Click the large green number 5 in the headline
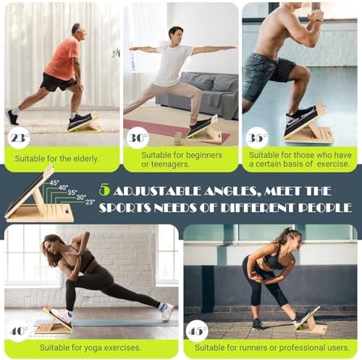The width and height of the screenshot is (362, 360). pyautogui.click(x=104, y=190)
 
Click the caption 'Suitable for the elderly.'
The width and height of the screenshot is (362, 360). pyautogui.click(x=61, y=156)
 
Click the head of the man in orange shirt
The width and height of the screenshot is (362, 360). pyautogui.click(x=77, y=31)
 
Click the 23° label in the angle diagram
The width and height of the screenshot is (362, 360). pyautogui.click(x=90, y=202)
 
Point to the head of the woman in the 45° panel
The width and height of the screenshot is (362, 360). pyautogui.click(x=287, y=238)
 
